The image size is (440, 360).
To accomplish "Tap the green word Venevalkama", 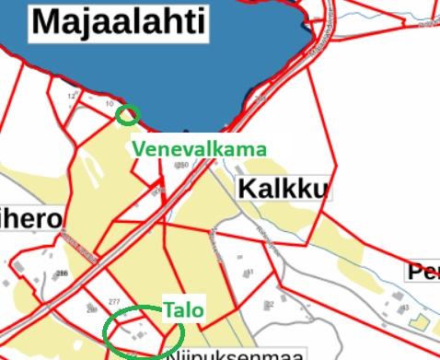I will coord(200,148).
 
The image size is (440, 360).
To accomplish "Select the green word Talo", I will coord(184,310).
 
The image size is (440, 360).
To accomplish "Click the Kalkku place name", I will coord(283,190).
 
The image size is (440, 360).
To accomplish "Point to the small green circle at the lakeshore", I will coord(128,115).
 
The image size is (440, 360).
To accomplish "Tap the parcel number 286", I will coord(63,274).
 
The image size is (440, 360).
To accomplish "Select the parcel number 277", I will coord(114,302).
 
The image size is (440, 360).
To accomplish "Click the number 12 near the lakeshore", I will coord(71,96).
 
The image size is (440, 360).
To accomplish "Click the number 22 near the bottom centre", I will coord(270,305).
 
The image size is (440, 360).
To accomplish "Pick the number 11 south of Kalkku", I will coord(250,273).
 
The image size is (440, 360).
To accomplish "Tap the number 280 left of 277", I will coord(91,310).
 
